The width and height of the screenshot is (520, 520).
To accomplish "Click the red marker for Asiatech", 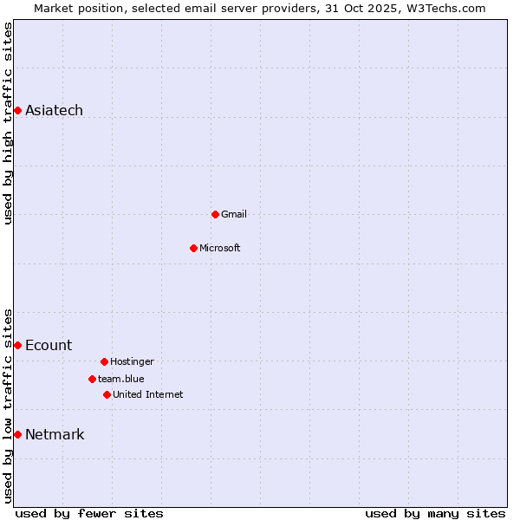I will click(x=17, y=110).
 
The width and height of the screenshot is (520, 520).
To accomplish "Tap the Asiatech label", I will click(x=54, y=110).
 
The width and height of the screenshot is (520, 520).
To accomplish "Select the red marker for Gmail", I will click(x=215, y=214).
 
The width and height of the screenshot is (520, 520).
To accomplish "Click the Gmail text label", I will click(x=234, y=214).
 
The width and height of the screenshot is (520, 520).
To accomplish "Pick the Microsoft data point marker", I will click(x=193, y=248).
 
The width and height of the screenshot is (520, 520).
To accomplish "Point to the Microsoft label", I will click(x=220, y=248).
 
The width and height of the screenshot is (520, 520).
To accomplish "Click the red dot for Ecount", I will click(x=17, y=345).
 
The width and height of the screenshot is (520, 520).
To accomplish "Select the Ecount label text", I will click(x=49, y=345).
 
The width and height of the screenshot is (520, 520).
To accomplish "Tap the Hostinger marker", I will click(x=104, y=361).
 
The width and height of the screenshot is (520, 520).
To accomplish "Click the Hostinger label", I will click(x=132, y=361).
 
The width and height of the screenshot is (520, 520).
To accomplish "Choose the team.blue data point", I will click(x=92, y=379).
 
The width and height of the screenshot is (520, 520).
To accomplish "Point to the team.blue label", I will click(x=121, y=379).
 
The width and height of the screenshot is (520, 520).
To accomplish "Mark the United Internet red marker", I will click(x=107, y=394).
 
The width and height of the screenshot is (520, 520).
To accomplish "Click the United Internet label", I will click(x=148, y=394).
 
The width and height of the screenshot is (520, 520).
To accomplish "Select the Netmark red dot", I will click(x=17, y=434).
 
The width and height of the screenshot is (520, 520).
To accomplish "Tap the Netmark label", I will click(x=55, y=434).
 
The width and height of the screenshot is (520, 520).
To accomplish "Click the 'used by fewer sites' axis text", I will click(x=89, y=513).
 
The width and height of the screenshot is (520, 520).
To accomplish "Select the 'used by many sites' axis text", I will click(x=435, y=513).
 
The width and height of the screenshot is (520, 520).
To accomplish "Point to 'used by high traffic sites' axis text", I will click(x=8, y=123).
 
